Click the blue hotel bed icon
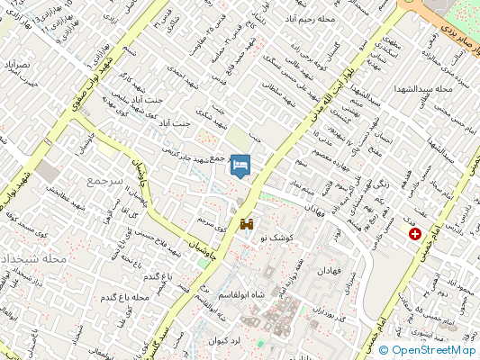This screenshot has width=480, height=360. point(240,166)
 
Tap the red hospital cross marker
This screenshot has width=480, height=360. point(414,234)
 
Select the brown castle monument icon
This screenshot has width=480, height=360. point(246,223)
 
